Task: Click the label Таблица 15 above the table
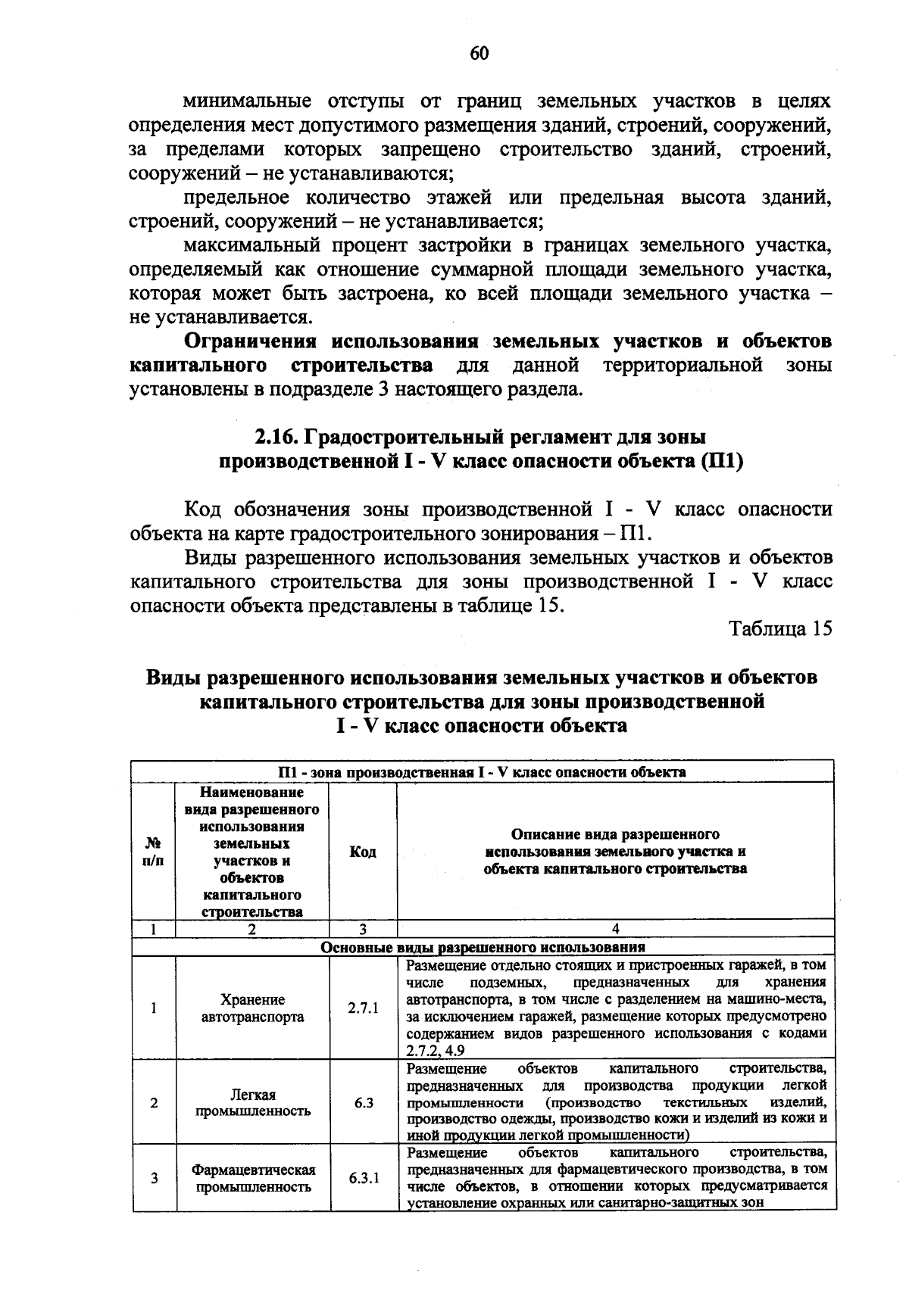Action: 779,629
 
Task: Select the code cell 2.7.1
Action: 363,1008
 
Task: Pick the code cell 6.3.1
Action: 364,1179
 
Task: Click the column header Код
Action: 363,852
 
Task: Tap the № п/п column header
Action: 154,852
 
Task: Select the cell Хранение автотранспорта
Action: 252,1008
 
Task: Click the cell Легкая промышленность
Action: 252,1103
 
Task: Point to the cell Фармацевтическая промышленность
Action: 252,1179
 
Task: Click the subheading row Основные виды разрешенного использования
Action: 483,947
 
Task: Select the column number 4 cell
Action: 615,928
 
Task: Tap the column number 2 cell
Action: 252,928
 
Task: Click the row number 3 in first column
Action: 154,1179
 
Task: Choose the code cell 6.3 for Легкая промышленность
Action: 364,1103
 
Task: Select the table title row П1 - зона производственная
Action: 483,772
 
